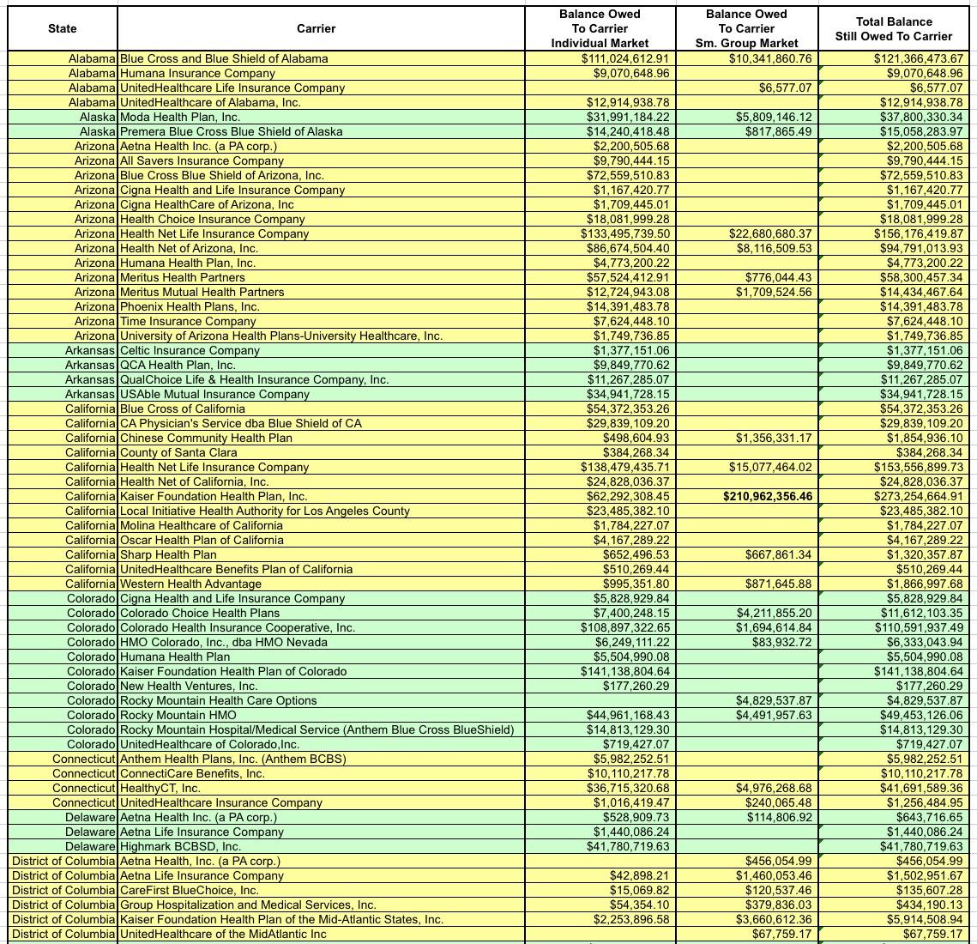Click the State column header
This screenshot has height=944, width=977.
click(x=62, y=28)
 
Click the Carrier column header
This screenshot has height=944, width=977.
click(x=316, y=28)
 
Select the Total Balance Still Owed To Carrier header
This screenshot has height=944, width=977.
click(x=893, y=28)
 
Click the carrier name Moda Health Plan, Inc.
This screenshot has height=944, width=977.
click(x=179, y=117)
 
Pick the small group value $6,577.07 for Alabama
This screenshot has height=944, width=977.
click(x=784, y=88)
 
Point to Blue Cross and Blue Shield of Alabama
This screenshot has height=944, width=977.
click(x=223, y=58)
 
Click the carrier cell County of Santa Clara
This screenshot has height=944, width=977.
click(x=178, y=452)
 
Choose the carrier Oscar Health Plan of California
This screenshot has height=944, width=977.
click(x=202, y=540)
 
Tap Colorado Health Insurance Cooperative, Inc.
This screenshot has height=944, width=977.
click(x=237, y=627)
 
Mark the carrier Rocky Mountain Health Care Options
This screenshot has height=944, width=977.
click(x=218, y=700)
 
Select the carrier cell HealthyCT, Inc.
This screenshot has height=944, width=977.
click(x=160, y=788)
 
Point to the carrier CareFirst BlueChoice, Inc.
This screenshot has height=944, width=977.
click(x=189, y=890)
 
